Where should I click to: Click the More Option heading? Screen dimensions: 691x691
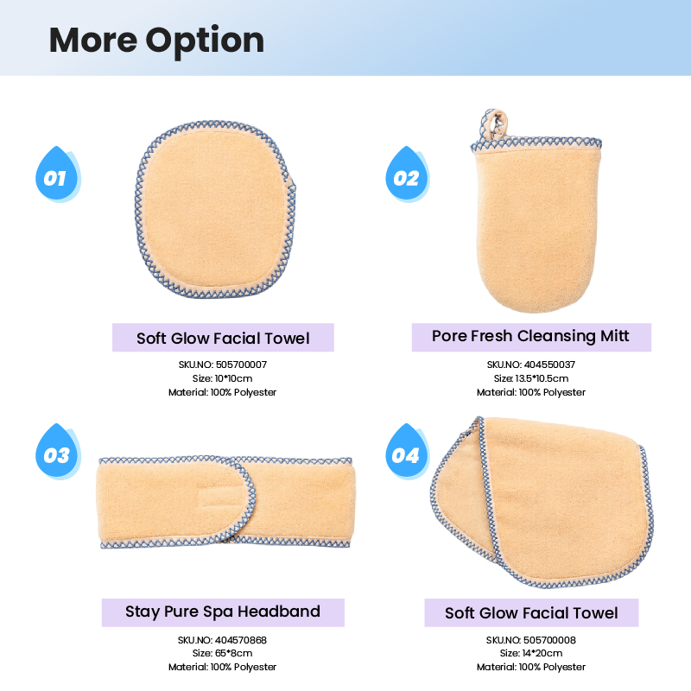[x=156, y=41]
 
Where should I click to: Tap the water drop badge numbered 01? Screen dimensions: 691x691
[x=57, y=174]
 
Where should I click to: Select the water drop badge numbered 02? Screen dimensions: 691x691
[x=407, y=174]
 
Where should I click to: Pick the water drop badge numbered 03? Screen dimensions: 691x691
[x=57, y=451]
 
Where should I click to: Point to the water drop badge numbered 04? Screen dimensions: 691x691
[x=407, y=451]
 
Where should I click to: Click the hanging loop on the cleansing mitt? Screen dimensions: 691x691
[x=494, y=123]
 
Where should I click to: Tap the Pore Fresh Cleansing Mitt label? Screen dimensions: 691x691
[x=531, y=337]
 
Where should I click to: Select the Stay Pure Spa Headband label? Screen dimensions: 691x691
[x=223, y=612]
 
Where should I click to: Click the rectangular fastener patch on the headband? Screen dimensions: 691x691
[x=219, y=498]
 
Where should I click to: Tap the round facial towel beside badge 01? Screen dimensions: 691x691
[x=215, y=208]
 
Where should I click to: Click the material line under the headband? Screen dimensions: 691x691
[x=222, y=667]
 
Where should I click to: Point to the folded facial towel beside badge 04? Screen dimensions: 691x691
[x=542, y=503]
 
